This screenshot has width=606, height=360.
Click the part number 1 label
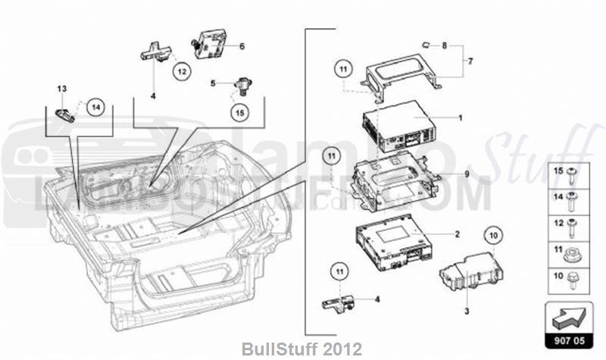459,118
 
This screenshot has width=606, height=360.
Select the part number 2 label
457,234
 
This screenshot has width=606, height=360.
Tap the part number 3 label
467,311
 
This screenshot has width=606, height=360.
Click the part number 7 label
470,60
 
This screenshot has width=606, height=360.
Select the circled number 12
182,71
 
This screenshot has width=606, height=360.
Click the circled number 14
95,108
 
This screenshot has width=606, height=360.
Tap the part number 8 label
445,45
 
